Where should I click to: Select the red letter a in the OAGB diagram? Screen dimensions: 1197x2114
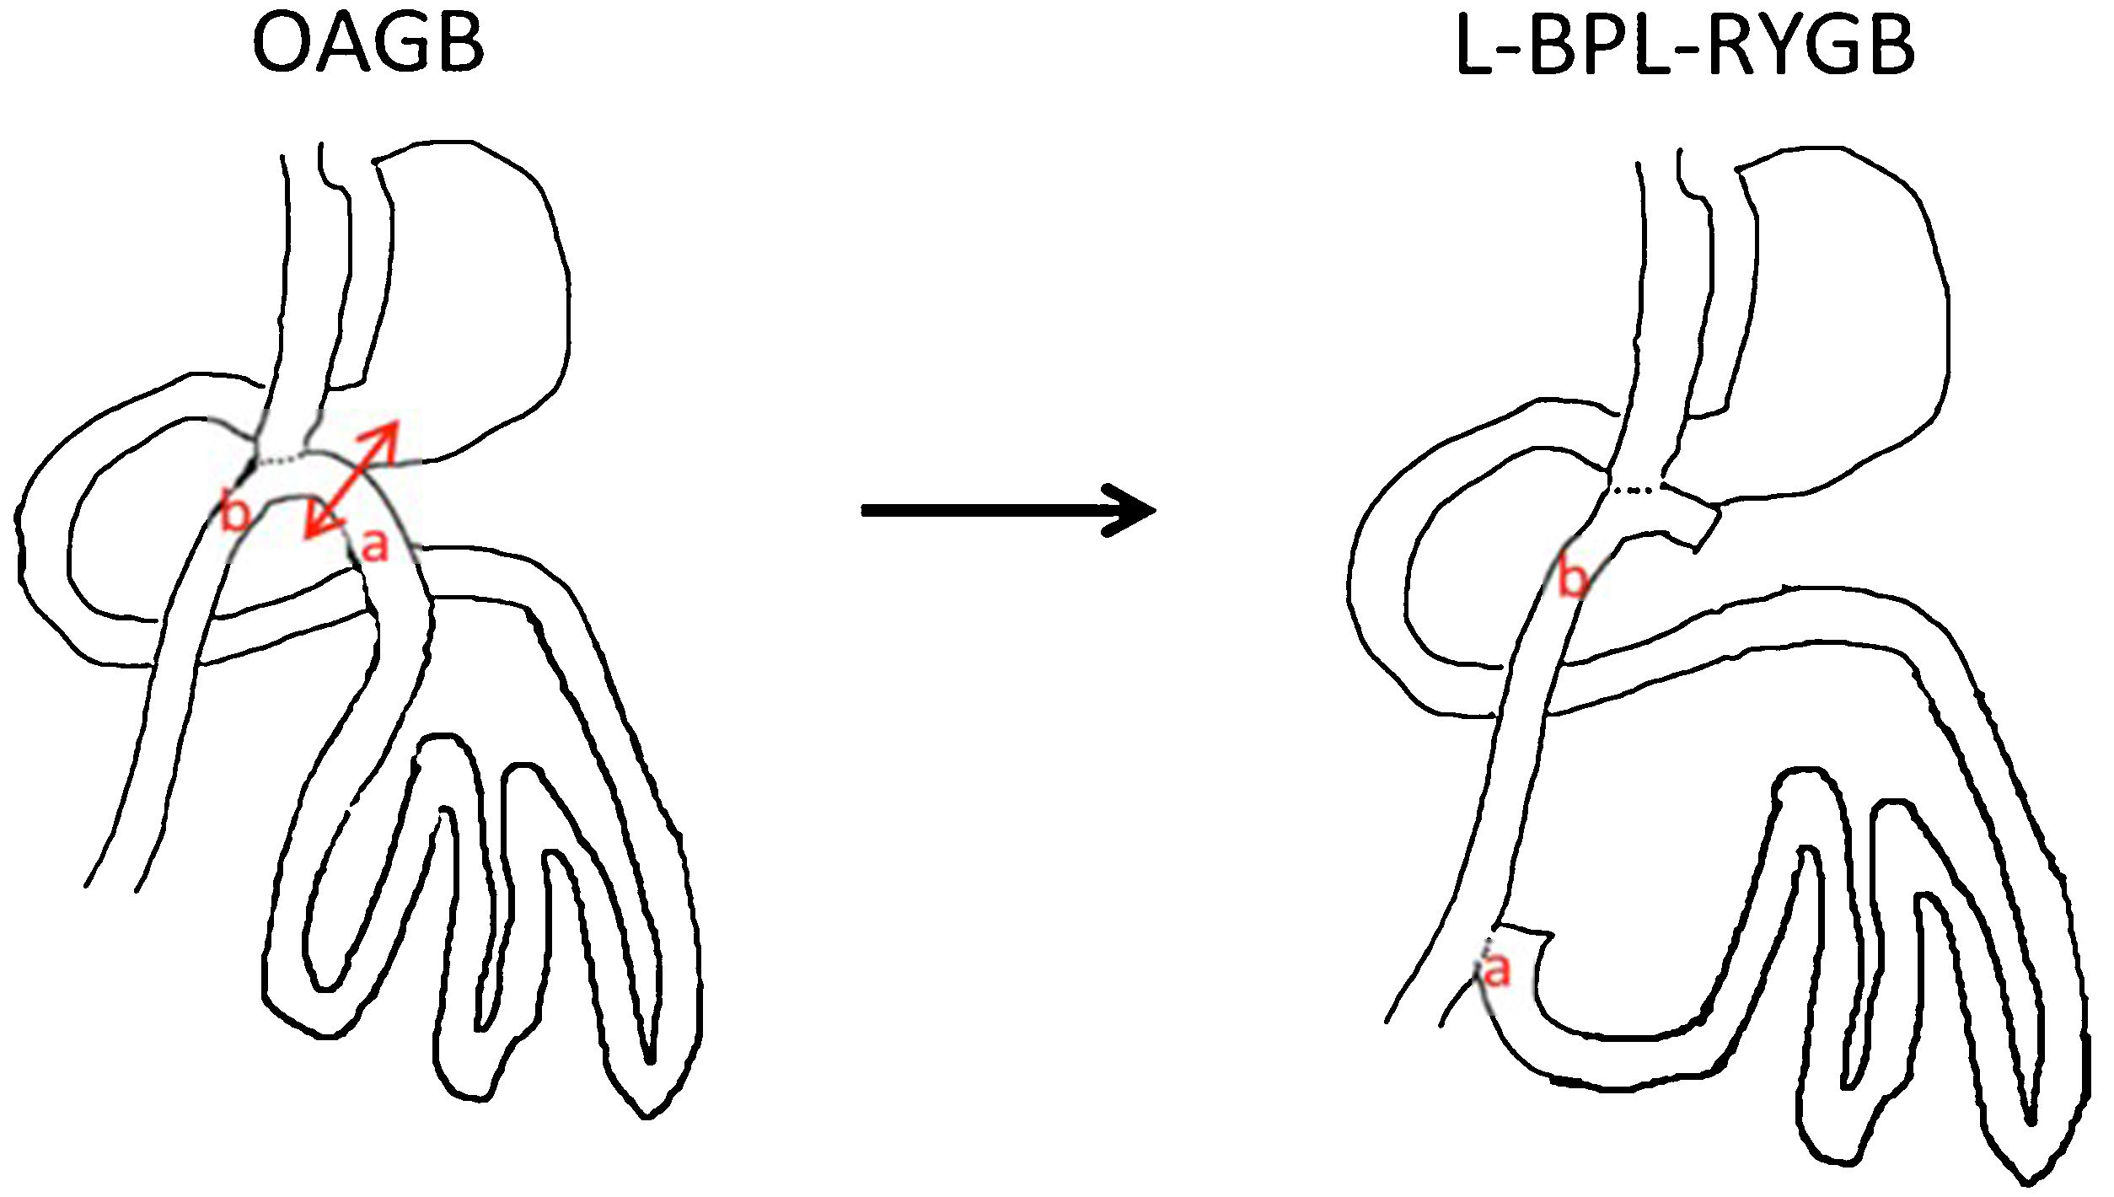pos(373,545)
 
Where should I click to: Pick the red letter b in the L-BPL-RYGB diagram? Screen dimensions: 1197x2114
pos(1572,578)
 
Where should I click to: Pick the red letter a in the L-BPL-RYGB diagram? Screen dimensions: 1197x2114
pos(1497,970)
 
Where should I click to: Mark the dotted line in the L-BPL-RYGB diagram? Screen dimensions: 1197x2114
pos(1636,488)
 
